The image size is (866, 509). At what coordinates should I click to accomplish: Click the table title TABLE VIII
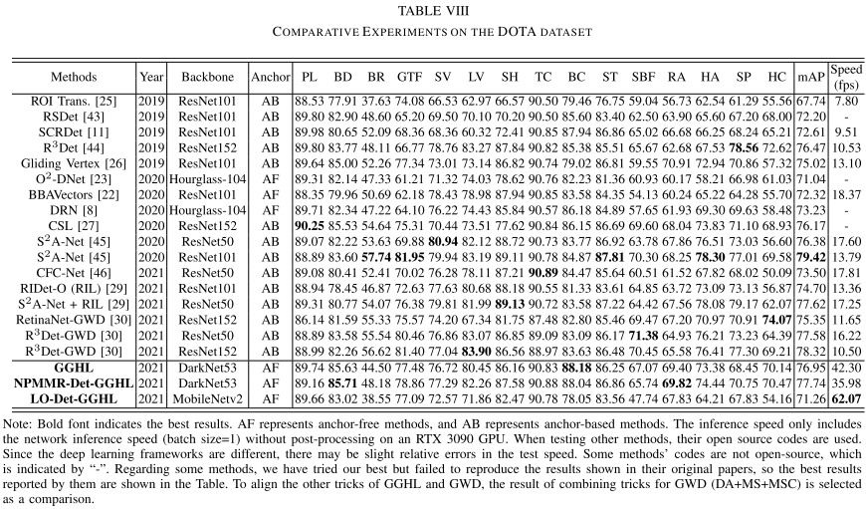(433, 11)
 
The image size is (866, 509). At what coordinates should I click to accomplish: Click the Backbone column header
(208, 77)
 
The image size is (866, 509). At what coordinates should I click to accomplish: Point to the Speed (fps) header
(845, 77)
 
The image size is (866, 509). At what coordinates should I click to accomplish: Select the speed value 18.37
(845, 196)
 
